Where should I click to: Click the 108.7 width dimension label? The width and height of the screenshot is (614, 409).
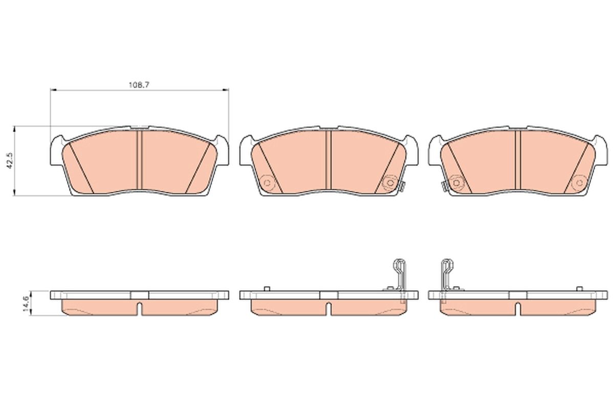pos(139,85)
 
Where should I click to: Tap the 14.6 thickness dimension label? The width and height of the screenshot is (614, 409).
pos(27,303)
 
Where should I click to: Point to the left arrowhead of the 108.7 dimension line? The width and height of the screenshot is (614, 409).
pos(53,89)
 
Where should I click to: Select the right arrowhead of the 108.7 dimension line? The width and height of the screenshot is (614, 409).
pos(226,89)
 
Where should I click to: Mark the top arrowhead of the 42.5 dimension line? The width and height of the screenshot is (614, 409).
pos(14,129)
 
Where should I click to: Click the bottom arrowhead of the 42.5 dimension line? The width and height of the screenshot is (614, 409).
pos(14,193)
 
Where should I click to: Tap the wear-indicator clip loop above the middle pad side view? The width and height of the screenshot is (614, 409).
pos(400,266)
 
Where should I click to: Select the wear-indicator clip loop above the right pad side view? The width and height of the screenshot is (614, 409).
pos(447,266)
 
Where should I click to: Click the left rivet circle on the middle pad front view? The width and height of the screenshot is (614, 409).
pos(267,183)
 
